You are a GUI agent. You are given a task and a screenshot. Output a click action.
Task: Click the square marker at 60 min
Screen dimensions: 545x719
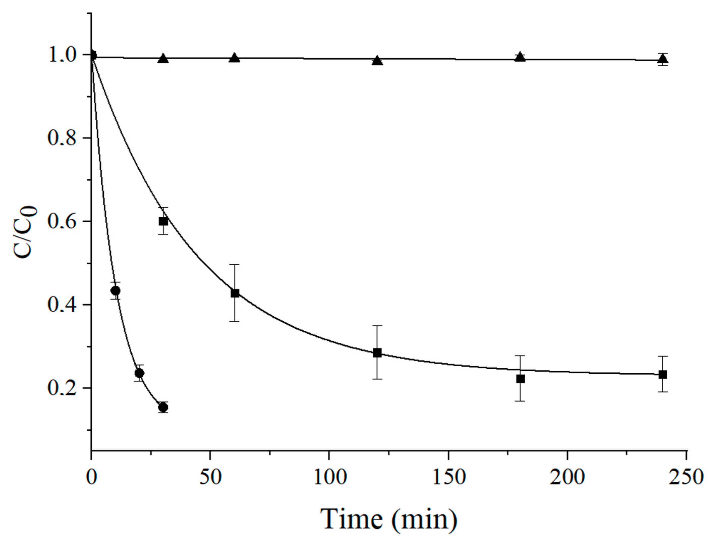pos(235,293)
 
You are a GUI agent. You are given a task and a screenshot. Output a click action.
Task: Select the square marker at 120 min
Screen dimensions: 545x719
pos(377,353)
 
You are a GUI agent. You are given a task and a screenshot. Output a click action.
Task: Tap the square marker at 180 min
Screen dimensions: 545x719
pos(520,379)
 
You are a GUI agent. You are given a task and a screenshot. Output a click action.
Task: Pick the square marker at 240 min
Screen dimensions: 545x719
pos(663,374)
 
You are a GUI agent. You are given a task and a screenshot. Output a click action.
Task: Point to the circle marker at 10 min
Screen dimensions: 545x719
pos(115,291)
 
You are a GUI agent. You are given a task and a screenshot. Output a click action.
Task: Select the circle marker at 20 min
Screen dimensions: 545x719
pos(139,373)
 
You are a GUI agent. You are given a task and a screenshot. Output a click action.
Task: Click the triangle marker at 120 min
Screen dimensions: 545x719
pos(377,61)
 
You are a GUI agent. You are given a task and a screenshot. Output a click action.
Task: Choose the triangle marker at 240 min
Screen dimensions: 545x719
pos(663,59)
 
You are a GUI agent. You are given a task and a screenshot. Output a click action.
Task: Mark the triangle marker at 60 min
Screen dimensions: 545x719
pos(235,58)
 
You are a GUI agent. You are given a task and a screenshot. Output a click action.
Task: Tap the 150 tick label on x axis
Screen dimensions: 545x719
pos(449,478)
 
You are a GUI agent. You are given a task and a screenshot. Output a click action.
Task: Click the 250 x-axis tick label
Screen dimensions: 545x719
pos(686,478)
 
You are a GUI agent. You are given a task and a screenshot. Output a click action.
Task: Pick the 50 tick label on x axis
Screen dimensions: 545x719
pos(210,478)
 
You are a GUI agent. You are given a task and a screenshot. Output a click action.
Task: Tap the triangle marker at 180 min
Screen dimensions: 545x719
pos(520,57)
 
